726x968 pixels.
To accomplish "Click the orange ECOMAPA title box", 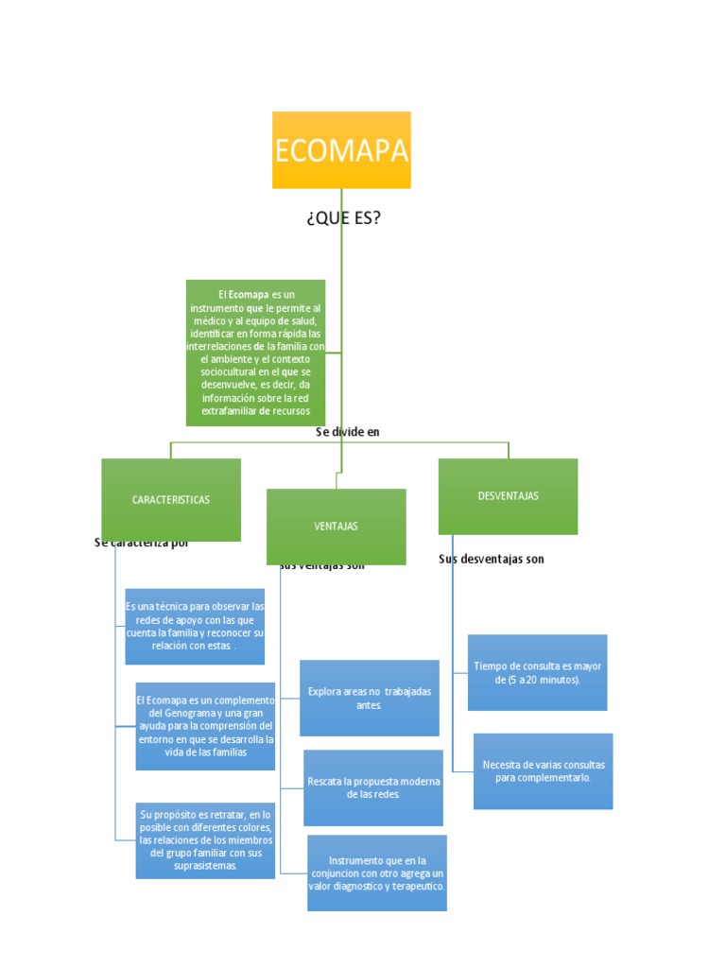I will pyautogui.click(x=341, y=149).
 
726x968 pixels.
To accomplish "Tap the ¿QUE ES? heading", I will pyautogui.click(x=343, y=218).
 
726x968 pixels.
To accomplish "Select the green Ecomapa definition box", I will pyautogui.click(x=255, y=352).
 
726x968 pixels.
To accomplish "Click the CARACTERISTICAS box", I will pyautogui.click(x=171, y=499).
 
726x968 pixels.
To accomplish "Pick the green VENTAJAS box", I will pyautogui.click(x=336, y=526).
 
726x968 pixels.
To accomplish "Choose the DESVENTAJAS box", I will pyautogui.click(x=508, y=496).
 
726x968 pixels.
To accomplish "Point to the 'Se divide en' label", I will pyautogui.click(x=348, y=432).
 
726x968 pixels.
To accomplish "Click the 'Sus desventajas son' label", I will pyautogui.click(x=492, y=559).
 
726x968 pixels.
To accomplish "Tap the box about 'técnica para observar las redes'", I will pyautogui.click(x=195, y=626).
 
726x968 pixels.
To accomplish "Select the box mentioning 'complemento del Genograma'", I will pyautogui.click(x=205, y=725).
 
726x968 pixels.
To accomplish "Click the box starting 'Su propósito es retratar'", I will pyautogui.click(x=205, y=839).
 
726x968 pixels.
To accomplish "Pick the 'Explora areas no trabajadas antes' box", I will pyautogui.click(x=370, y=698).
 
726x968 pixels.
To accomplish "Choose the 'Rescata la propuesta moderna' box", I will pyautogui.click(x=373, y=787).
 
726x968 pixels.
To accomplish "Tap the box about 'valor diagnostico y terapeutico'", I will pyautogui.click(x=377, y=873).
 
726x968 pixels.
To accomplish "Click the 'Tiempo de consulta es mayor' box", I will pyautogui.click(x=537, y=672).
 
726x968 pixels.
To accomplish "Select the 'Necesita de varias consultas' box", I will pyautogui.click(x=543, y=770).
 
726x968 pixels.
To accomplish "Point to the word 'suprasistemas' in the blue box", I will pyautogui.click(x=205, y=865).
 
